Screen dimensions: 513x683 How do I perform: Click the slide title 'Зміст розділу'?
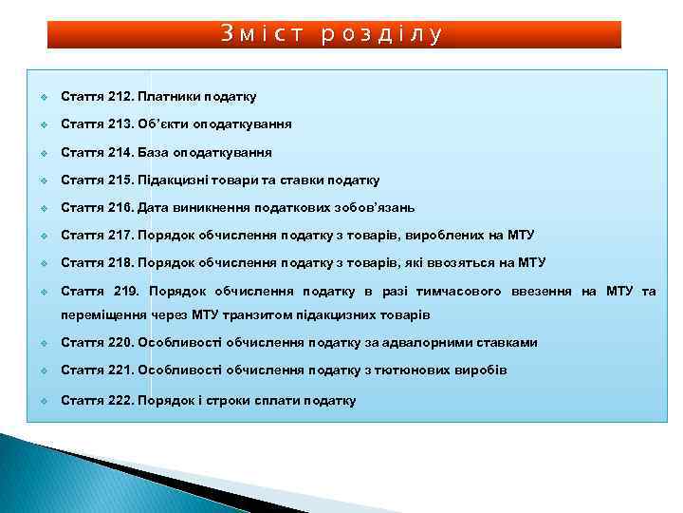point(333,35)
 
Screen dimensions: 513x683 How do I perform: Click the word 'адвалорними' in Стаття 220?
point(422,342)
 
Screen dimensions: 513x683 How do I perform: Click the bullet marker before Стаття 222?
point(45,401)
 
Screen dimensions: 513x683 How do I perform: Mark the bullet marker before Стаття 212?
point(45,97)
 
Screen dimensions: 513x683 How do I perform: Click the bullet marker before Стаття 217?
point(45,236)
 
